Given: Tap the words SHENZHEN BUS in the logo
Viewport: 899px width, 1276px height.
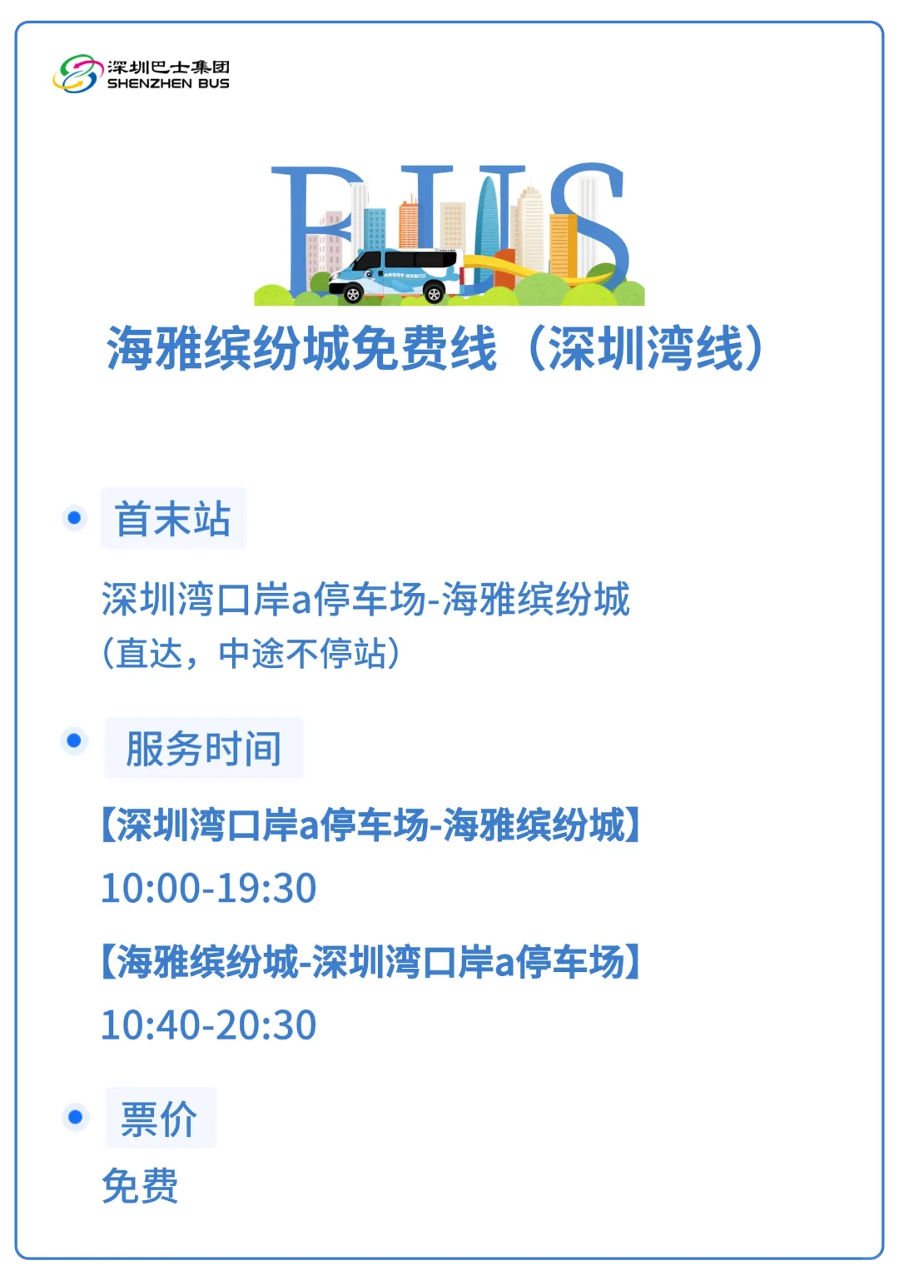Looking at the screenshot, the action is [168, 84].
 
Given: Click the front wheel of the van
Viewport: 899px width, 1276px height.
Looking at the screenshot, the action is [353, 294].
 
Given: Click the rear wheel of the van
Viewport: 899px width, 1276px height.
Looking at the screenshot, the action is [434, 294].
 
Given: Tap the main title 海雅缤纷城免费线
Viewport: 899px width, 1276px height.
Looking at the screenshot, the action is [302, 348].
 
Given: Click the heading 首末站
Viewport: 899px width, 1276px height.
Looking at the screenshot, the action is [173, 519].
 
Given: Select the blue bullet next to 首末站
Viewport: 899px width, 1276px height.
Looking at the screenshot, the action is [74, 518].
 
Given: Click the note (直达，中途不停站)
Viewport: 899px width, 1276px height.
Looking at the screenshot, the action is [251, 653].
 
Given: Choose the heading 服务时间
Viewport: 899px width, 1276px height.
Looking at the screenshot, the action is [203, 748].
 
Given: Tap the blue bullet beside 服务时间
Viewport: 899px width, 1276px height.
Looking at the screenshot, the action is [74, 741].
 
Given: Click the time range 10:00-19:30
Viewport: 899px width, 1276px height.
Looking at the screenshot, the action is [208, 888].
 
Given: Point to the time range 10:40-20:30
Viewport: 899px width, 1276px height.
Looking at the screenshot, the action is [208, 1024].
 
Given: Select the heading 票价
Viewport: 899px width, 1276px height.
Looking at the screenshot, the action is [159, 1119].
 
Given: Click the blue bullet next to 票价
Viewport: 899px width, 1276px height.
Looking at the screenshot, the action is [75, 1117].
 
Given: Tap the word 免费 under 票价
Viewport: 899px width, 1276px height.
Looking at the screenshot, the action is [140, 1185].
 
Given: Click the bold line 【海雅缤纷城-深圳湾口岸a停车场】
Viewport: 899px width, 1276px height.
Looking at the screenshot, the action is [370, 961].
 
